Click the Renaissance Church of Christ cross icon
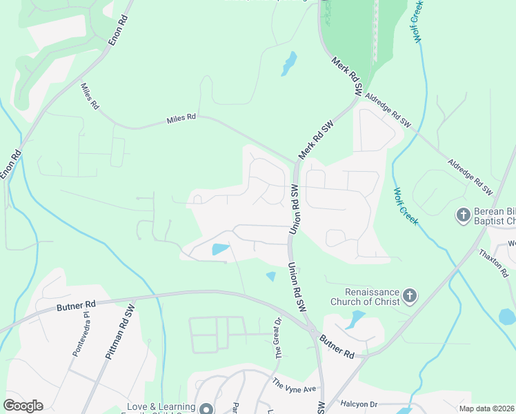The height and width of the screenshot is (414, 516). point(410,297)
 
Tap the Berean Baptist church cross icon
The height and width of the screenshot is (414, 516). point(463,215)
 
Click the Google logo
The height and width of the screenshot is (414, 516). point(23,406)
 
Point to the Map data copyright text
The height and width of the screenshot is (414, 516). point(486,408)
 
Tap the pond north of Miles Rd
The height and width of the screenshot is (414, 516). point(288,63)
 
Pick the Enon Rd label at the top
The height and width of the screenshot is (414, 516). point(119,30)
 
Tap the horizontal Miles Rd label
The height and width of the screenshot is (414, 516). point(181,119)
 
